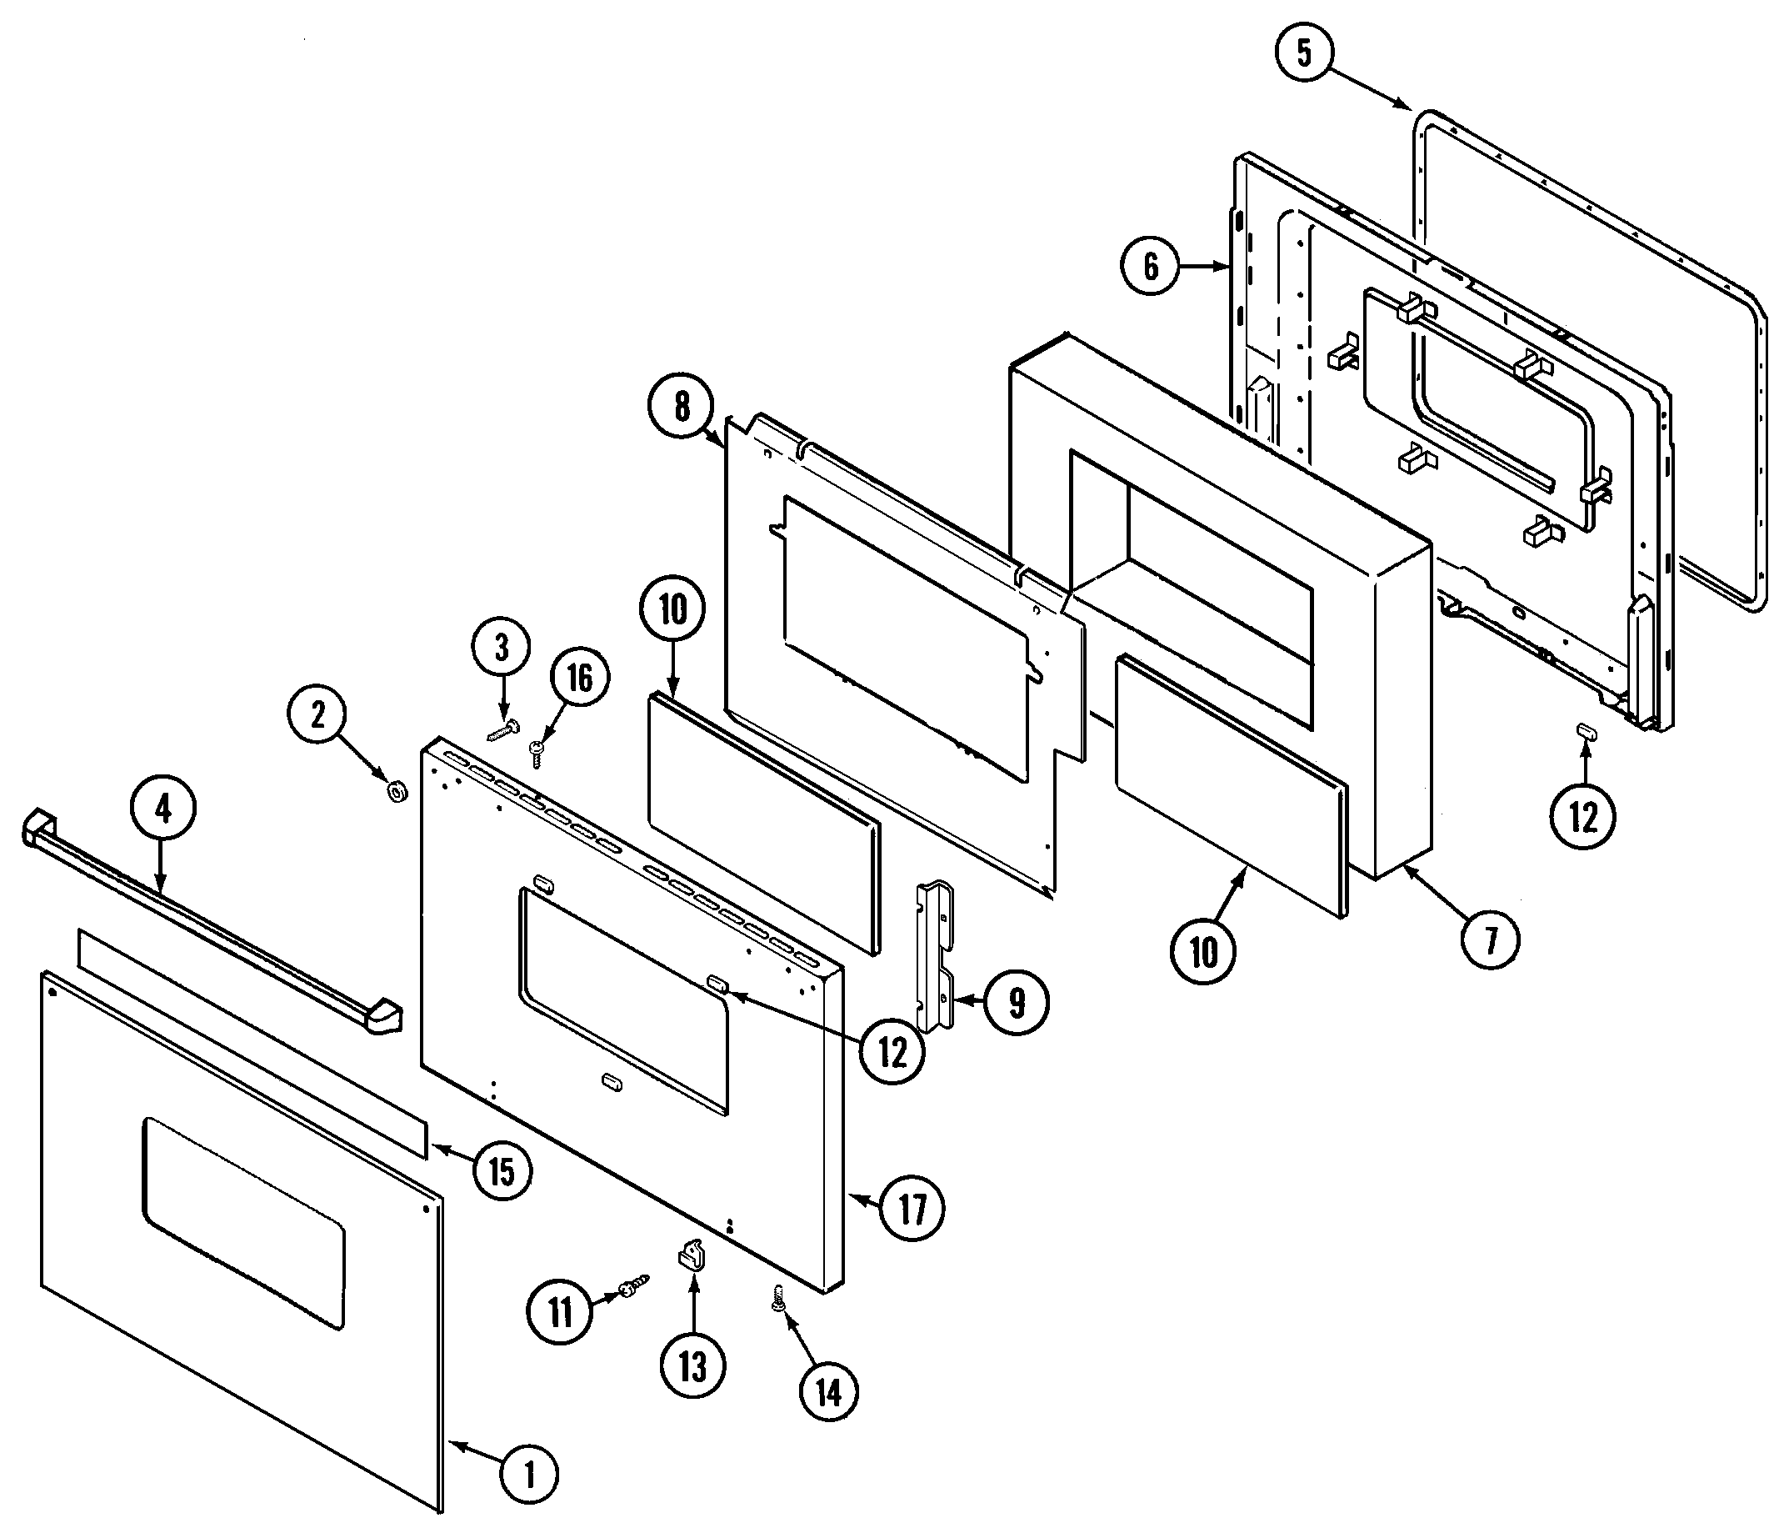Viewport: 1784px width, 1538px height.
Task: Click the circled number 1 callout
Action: (x=531, y=1475)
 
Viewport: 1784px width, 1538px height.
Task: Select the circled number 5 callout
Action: (x=1303, y=53)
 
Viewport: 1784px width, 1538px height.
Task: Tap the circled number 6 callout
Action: (x=1152, y=267)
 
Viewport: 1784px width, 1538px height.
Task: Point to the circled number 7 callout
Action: (x=1491, y=939)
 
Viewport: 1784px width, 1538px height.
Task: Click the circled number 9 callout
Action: (x=1017, y=1002)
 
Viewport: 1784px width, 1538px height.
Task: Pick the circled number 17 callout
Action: (x=912, y=1209)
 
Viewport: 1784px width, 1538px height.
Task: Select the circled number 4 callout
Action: (x=162, y=809)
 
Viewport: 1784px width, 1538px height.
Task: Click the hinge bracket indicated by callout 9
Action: (x=936, y=956)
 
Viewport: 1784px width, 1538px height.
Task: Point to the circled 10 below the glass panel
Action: (x=1203, y=952)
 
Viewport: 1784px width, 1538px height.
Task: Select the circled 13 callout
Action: (x=693, y=1366)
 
